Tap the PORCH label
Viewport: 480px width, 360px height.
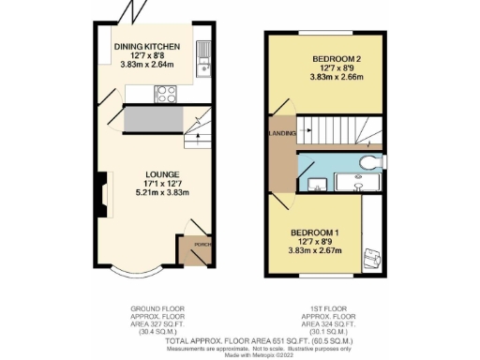click(198, 245)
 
